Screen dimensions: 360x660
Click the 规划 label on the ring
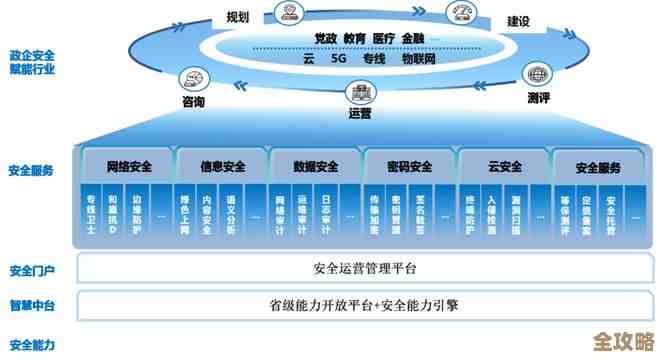point(237,16)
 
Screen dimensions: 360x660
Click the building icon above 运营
point(360,93)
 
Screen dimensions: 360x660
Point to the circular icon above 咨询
point(190,81)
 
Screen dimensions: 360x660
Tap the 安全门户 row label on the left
point(31,271)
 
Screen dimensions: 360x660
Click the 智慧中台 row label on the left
point(31,305)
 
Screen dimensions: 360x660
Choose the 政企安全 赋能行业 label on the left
point(32,63)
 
